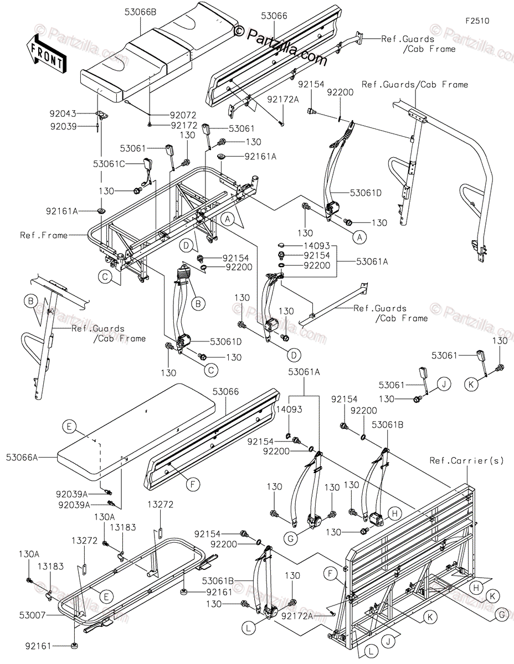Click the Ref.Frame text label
click(x=44, y=235)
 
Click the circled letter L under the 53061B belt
click(x=250, y=628)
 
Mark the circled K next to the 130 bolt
click(x=471, y=383)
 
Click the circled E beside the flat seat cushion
click(x=69, y=426)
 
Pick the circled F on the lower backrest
click(x=192, y=485)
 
